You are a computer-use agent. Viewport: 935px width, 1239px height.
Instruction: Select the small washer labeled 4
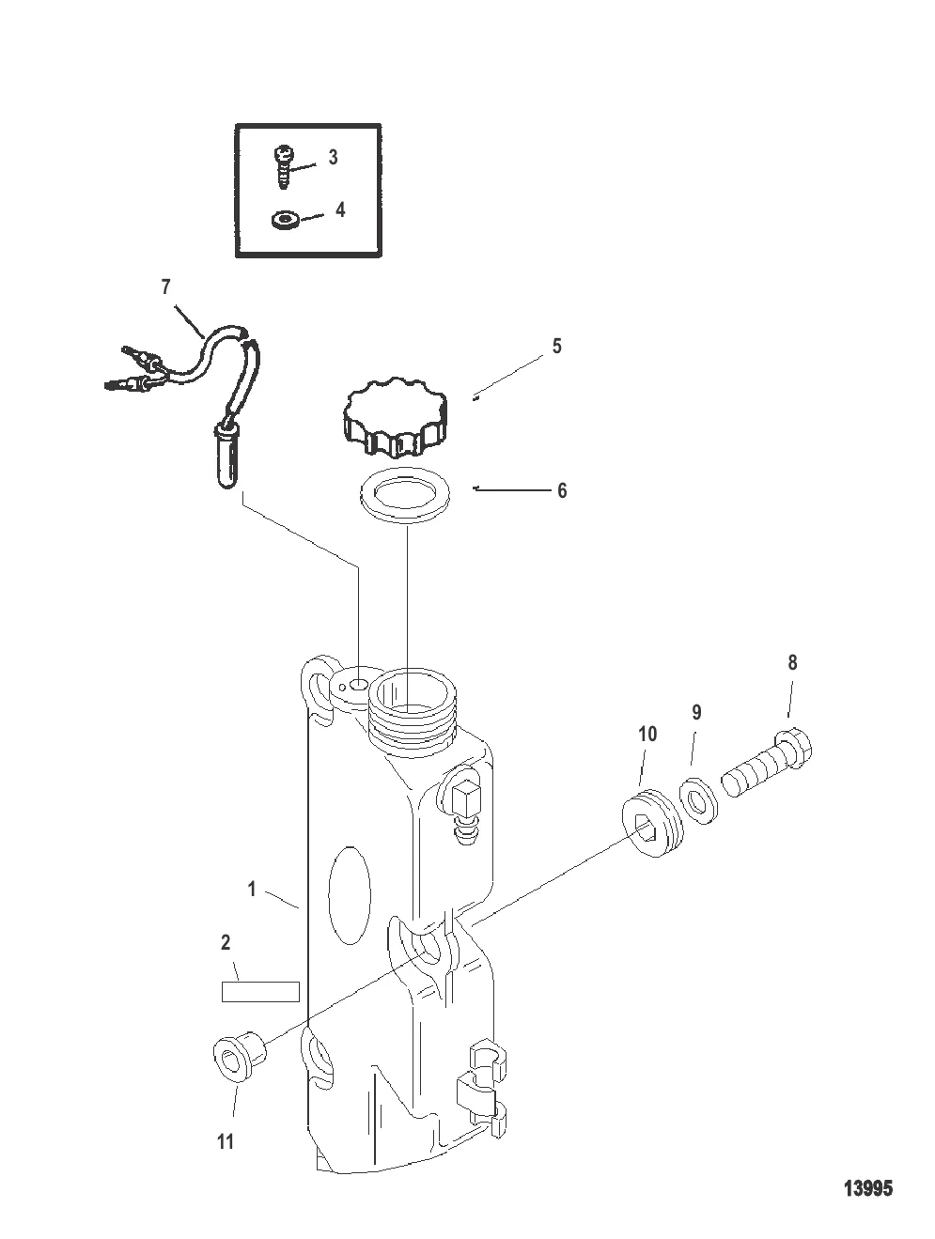pyautogui.click(x=284, y=220)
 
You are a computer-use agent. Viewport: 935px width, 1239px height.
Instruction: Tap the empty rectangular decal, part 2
pyautogui.click(x=260, y=992)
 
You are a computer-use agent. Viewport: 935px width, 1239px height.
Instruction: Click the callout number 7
pyautogui.click(x=165, y=287)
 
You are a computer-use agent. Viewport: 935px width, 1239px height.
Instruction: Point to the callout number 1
pyautogui.click(x=252, y=891)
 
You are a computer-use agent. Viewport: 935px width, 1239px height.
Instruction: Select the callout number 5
pyautogui.click(x=556, y=346)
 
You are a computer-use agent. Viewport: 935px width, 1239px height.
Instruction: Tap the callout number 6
pyautogui.click(x=562, y=490)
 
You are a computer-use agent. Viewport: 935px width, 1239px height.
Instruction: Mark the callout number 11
pyautogui.click(x=226, y=1142)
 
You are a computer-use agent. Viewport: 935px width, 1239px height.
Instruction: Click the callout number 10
pyautogui.click(x=647, y=734)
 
